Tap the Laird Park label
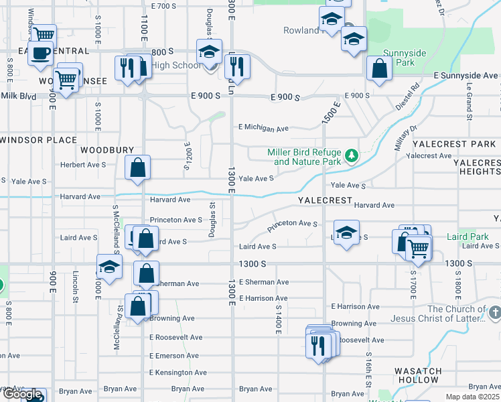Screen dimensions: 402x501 pos(467,237)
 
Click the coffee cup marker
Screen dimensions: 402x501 pos(41,53)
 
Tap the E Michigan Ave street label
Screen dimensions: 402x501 pos(263,128)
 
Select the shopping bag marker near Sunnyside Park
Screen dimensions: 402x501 pos(379,68)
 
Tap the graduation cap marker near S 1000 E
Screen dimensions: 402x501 pos(109,267)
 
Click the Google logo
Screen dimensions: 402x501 pos(22,395)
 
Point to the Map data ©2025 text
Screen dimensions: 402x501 pos(473,397)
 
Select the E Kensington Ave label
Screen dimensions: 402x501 pos(175,372)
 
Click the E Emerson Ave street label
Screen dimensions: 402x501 pos(175,355)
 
